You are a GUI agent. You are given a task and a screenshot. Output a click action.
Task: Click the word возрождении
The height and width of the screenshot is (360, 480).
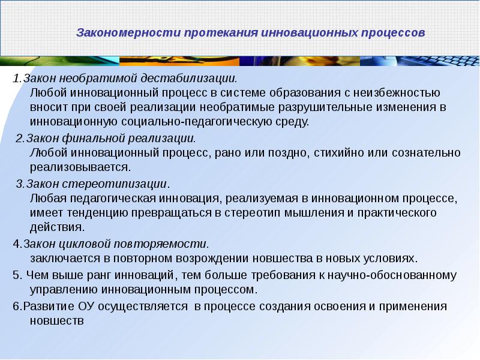tap(217, 258)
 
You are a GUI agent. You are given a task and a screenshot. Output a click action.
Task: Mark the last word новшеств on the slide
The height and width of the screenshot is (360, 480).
tap(55, 320)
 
